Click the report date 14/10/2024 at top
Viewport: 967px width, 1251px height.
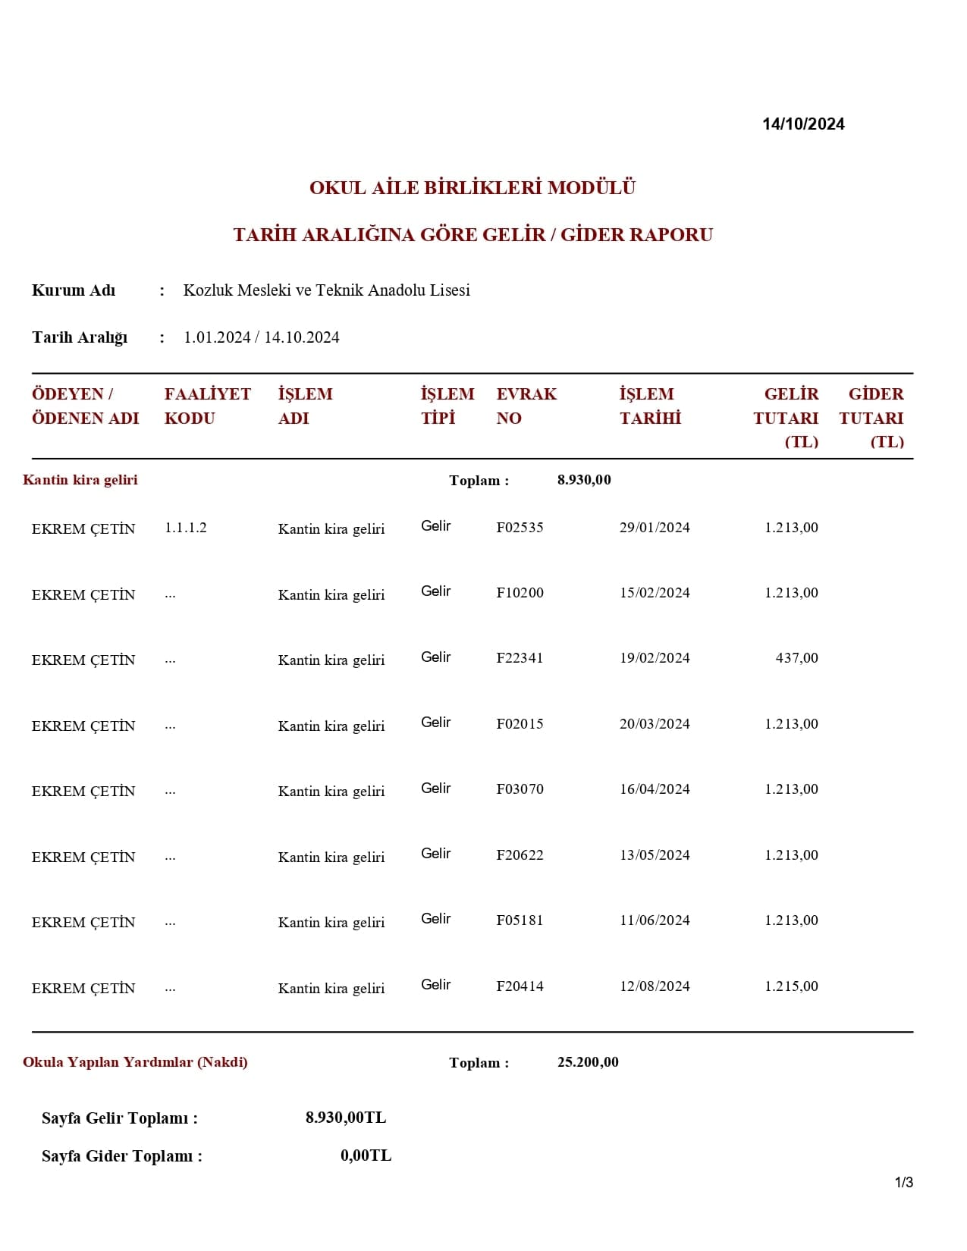(803, 124)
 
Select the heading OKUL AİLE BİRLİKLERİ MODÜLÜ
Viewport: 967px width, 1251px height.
(472, 187)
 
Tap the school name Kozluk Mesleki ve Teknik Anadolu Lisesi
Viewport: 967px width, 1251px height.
(326, 290)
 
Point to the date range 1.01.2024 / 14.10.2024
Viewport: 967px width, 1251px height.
(261, 337)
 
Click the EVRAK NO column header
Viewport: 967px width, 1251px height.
(526, 406)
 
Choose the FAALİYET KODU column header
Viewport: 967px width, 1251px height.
(207, 406)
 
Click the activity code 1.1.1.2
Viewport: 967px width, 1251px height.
(186, 528)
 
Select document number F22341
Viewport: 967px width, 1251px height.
(520, 658)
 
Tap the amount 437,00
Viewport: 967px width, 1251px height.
(796, 658)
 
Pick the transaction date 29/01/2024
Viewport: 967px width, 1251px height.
(655, 528)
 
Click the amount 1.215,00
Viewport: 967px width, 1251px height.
(791, 986)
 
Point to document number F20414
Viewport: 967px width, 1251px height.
(520, 986)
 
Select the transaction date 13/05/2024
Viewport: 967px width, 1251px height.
(655, 855)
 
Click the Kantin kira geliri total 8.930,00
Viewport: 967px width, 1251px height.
(584, 480)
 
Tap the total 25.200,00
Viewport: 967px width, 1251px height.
(588, 1062)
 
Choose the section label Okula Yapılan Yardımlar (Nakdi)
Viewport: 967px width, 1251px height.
(135, 1062)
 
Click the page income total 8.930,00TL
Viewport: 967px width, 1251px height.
(346, 1118)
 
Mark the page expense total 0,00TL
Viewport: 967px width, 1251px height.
(366, 1155)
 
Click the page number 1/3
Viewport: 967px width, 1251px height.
(904, 1182)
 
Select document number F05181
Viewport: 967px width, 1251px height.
(520, 920)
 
